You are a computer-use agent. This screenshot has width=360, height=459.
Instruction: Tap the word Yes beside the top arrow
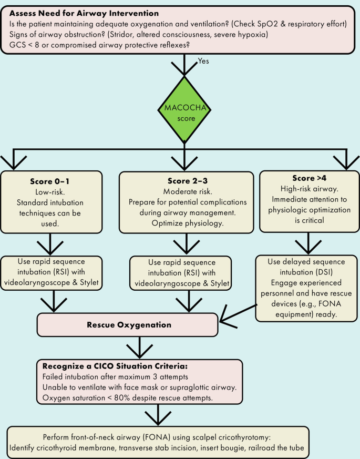pos(204,61)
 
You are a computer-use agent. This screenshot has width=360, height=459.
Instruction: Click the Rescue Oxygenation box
pos(127,325)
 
